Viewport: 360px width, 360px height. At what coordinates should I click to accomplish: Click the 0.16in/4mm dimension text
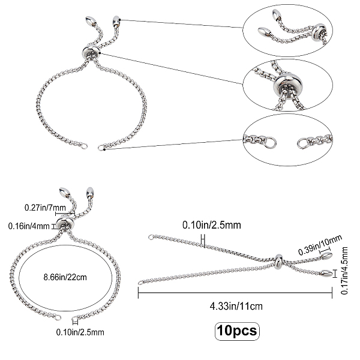28,226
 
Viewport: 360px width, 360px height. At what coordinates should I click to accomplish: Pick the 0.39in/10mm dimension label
320,244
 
